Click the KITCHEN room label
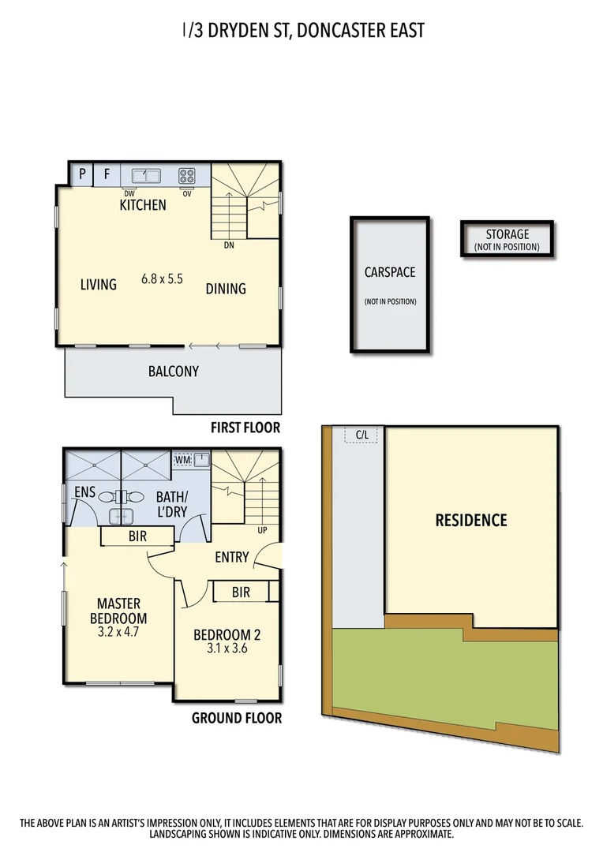pos(143,205)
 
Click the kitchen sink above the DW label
pos(146,176)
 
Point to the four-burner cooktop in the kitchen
pos(187,176)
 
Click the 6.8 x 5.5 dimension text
pos(163,278)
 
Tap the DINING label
pos(226,289)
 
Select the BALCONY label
pos(174,371)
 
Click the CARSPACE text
pos(390,272)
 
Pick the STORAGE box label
pos(507,234)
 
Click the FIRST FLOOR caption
pos(245,428)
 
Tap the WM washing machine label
pos(182,458)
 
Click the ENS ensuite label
pos(85,492)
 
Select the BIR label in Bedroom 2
pos(241,592)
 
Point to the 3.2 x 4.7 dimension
pos(118,632)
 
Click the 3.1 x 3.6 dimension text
pos(227,649)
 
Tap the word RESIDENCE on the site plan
pos(471,521)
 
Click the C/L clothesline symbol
pos(362,435)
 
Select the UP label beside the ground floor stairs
pos(262,530)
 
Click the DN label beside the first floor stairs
pos(229,245)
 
